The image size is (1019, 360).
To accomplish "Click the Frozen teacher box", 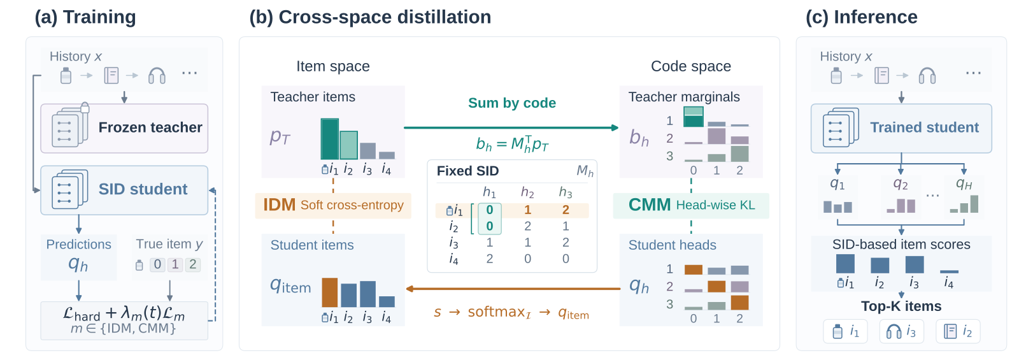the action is [x=124, y=128].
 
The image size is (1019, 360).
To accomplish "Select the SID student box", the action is [x=124, y=190].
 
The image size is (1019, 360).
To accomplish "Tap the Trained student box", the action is [x=901, y=128].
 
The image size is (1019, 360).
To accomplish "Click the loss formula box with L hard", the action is [x=124, y=320].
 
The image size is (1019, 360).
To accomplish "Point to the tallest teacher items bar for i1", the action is [x=329, y=139].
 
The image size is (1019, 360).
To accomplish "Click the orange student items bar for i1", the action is [x=330, y=292].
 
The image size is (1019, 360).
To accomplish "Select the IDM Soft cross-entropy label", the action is [x=333, y=206].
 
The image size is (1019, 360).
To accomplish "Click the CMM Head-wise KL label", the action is [x=691, y=206].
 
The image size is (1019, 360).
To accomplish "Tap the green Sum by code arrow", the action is [x=511, y=128].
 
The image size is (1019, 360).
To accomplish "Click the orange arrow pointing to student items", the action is [x=513, y=289].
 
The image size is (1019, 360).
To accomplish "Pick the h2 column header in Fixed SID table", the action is [x=528, y=192].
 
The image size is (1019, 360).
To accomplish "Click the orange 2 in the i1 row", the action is [x=566, y=210].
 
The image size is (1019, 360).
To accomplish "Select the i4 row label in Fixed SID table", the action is [x=453, y=259].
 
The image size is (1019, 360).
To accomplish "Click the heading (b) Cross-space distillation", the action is [x=370, y=17].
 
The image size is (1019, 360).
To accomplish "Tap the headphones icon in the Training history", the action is [x=157, y=76].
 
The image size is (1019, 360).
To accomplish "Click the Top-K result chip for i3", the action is [x=901, y=331].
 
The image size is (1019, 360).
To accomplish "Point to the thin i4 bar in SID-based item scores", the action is [x=949, y=271].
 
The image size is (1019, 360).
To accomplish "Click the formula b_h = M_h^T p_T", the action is [x=512, y=144].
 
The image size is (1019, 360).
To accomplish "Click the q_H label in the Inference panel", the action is [x=964, y=184].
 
